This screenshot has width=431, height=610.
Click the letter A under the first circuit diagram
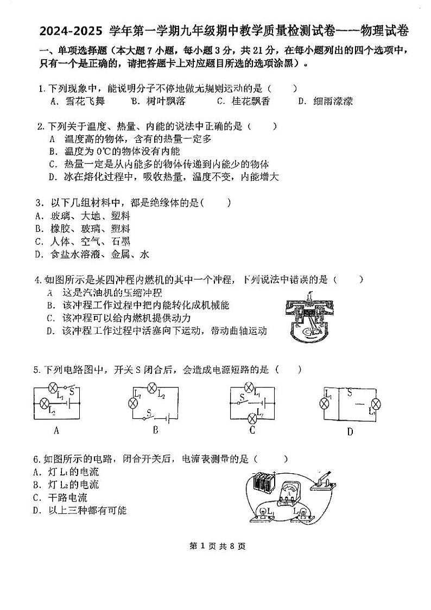[56, 431]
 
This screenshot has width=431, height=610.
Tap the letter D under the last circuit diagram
[350, 432]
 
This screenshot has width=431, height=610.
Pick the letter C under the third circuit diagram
[252, 431]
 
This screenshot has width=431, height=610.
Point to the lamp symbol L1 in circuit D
[325, 403]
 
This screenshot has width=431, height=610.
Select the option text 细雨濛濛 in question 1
[333, 101]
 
